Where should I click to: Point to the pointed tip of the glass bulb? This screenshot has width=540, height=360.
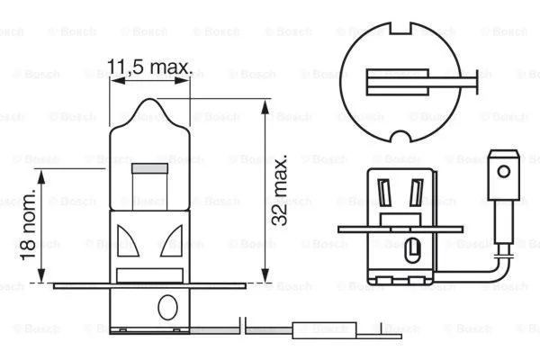pos(150,106)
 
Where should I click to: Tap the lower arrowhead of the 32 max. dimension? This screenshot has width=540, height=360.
pos(264,279)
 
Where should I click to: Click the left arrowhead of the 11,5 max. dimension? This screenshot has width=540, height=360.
pos(113,80)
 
